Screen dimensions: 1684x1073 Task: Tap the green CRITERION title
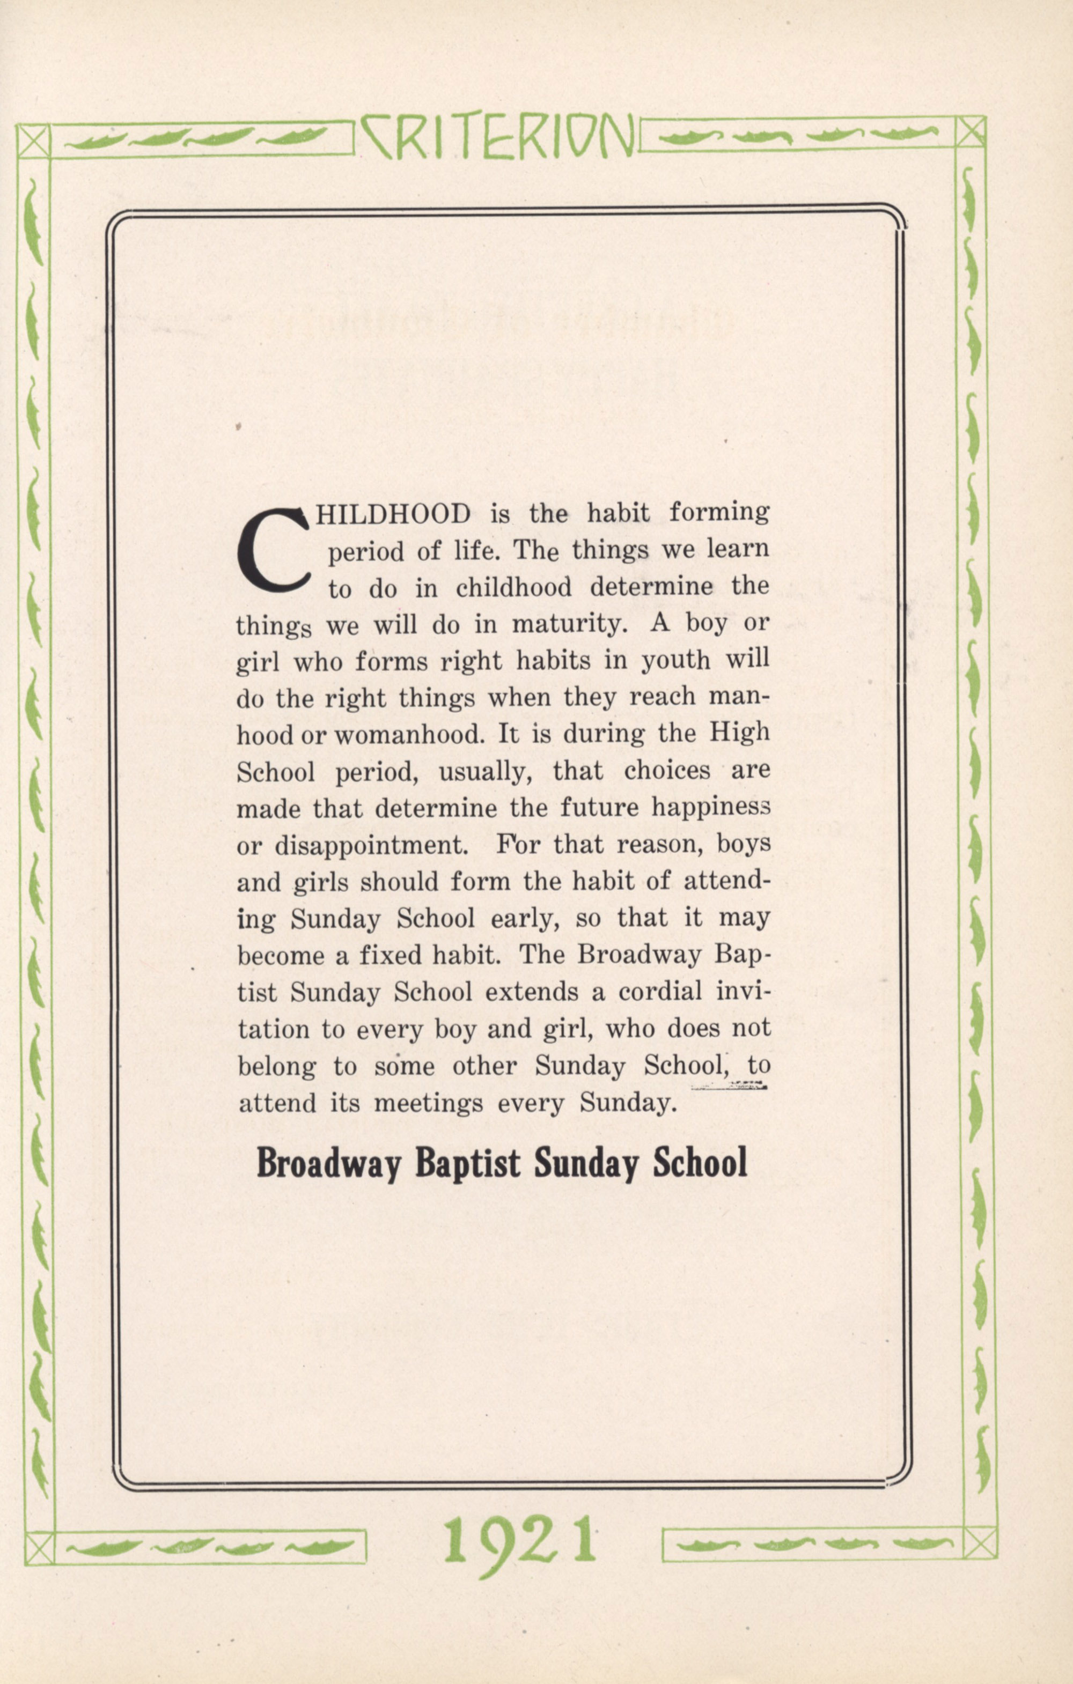(498, 136)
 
